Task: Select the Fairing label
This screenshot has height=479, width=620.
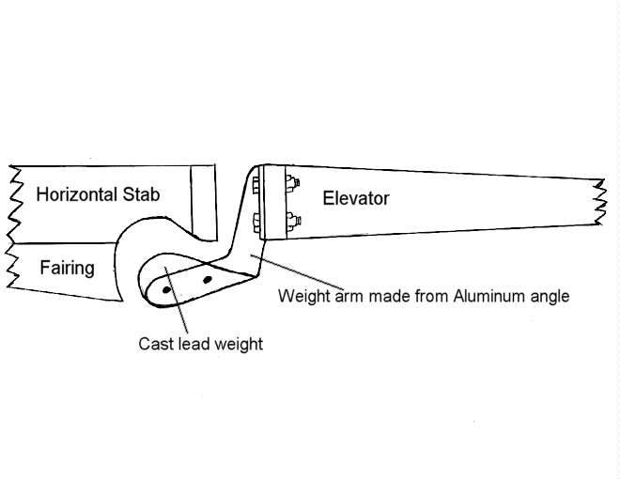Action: tap(67, 268)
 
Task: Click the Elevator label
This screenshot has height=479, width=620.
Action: tap(355, 198)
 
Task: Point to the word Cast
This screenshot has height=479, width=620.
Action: tap(155, 344)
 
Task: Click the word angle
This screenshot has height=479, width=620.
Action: tap(549, 297)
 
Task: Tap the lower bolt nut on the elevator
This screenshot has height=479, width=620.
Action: tap(291, 223)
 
